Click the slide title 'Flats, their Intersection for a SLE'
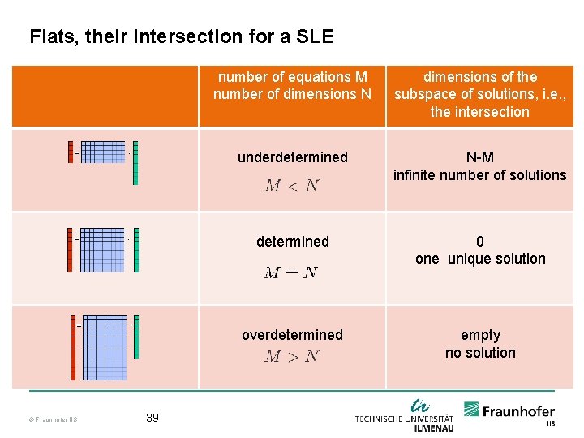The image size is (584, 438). pyautogui.click(x=181, y=36)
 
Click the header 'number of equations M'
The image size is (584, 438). pyautogui.click(x=292, y=77)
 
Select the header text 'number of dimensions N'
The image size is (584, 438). pyautogui.click(x=292, y=94)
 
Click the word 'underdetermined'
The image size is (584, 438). pyautogui.click(x=292, y=157)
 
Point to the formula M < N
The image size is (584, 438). pyautogui.click(x=291, y=186)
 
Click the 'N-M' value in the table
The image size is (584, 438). pyautogui.click(x=479, y=157)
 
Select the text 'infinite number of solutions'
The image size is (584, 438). pyautogui.click(x=479, y=175)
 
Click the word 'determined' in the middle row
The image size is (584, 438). pyautogui.click(x=292, y=242)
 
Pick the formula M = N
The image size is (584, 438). pyautogui.click(x=290, y=273)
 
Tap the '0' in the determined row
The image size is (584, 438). pyautogui.click(x=479, y=242)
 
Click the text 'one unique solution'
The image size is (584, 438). pyautogui.click(x=479, y=259)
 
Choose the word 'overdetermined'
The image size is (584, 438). pyautogui.click(x=292, y=335)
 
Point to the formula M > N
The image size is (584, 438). pyautogui.click(x=291, y=356)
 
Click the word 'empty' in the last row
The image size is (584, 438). pyautogui.click(x=479, y=335)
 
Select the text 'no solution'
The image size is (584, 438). pyautogui.click(x=479, y=353)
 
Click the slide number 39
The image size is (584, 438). pyautogui.click(x=152, y=418)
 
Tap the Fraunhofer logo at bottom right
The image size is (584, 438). pyautogui.click(x=509, y=413)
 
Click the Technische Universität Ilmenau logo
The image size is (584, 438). pyautogui.click(x=406, y=415)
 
